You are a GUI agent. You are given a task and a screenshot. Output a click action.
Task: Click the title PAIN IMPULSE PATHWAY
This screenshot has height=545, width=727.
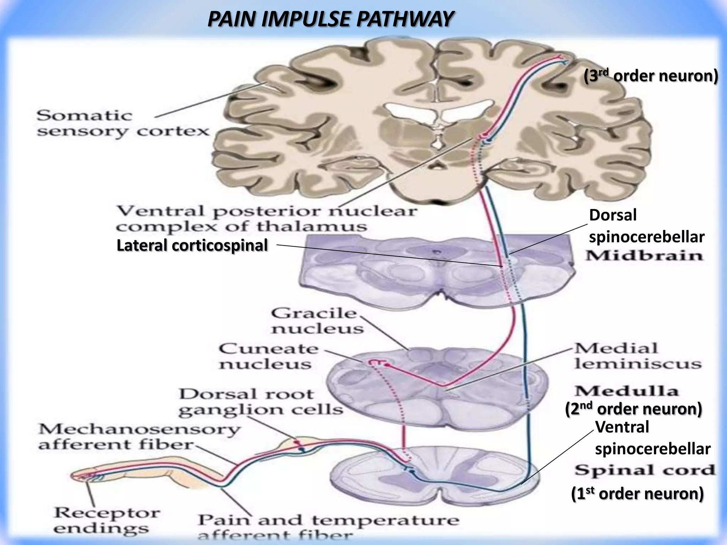pyautogui.click(x=330, y=19)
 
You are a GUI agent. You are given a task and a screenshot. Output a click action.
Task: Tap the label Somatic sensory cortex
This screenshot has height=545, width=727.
pyautogui.click(x=122, y=123)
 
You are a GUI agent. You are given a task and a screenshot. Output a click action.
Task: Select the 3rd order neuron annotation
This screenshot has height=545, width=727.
pyautogui.click(x=651, y=76)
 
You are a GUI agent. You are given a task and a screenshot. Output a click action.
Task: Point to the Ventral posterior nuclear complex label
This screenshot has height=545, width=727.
pyautogui.click(x=266, y=219)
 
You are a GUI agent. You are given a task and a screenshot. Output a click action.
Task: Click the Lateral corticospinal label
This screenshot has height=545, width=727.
pyautogui.click(x=192, y=246)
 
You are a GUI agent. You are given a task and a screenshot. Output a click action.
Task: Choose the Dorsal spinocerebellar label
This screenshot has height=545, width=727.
pyautogui.click(x=646, y=226)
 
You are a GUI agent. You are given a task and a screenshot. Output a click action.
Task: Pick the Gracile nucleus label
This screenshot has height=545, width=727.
pyautogui.click(x=317, y=321)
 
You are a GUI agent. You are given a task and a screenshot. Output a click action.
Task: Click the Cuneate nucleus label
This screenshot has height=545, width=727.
pyautogui.click(x=268, y=356)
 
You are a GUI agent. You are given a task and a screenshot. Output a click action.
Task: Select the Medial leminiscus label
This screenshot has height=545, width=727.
pyautogui.click(x=638, y=356)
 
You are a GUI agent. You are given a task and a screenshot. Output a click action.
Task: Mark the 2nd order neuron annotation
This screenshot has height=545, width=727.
pyautogui.click(x=633, y=409)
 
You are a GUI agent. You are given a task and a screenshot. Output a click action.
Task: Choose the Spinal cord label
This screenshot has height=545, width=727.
pyautogui.click(x=645, y=470)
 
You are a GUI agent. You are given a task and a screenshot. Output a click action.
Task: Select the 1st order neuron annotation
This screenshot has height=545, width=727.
pyautogui.click(x=637, y=494)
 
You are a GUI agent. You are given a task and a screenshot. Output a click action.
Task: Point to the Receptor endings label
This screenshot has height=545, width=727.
pyautogui.click(x=106, y=521)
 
